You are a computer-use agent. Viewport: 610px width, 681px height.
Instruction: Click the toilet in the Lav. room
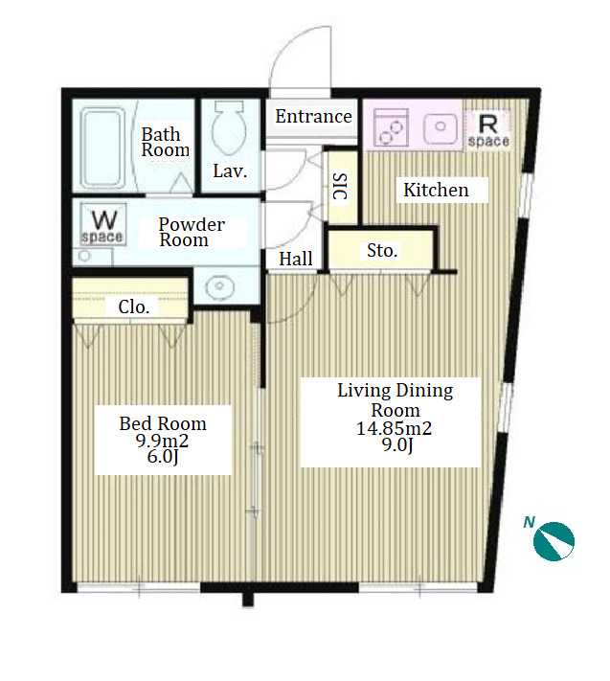(x=229, y=128)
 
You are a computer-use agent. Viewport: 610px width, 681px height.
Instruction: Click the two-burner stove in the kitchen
(x=391, y=127)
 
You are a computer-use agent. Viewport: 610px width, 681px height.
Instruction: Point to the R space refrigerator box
(x=488, y=128)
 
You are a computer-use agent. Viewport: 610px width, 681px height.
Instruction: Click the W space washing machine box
(x=103, y=225)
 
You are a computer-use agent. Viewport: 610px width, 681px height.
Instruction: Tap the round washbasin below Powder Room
(x=219, y=286)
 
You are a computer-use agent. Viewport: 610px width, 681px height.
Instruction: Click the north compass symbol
(x=554, y=541)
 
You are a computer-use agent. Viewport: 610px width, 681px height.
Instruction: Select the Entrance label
(x=313, y=117)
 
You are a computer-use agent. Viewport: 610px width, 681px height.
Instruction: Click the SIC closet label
(x=340, y=187)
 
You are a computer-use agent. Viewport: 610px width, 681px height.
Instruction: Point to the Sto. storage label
(x=382, y=251)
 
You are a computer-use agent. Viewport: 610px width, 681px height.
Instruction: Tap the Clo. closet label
(x=134, y=307)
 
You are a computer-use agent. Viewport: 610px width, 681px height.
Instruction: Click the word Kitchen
(x=436, y=191)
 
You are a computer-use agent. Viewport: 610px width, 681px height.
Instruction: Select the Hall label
(x=296, y=259)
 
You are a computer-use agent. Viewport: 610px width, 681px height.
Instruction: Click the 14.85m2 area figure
(x=395, y=429)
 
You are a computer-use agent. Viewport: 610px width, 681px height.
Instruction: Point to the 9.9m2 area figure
(x=163, y=441)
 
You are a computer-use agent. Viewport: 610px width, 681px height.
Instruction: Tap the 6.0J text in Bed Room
(x=163, y=457)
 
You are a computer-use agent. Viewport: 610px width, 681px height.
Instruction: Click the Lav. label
(x=230, y=171)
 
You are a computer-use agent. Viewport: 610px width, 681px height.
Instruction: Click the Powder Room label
(x=192, y=232)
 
